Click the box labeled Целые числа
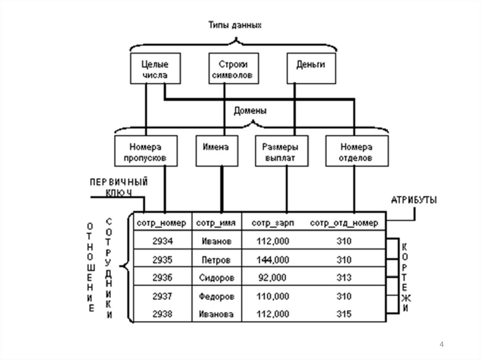pos(148,69)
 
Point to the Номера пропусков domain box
pos(145,152)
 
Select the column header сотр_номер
pos(162,222)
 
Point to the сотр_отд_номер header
pos(344,222)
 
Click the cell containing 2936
pos(163,277)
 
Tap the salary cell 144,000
pos(273,260)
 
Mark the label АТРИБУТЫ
pos(414,200)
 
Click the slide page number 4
pos(442,345)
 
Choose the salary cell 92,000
pos(272,277)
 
